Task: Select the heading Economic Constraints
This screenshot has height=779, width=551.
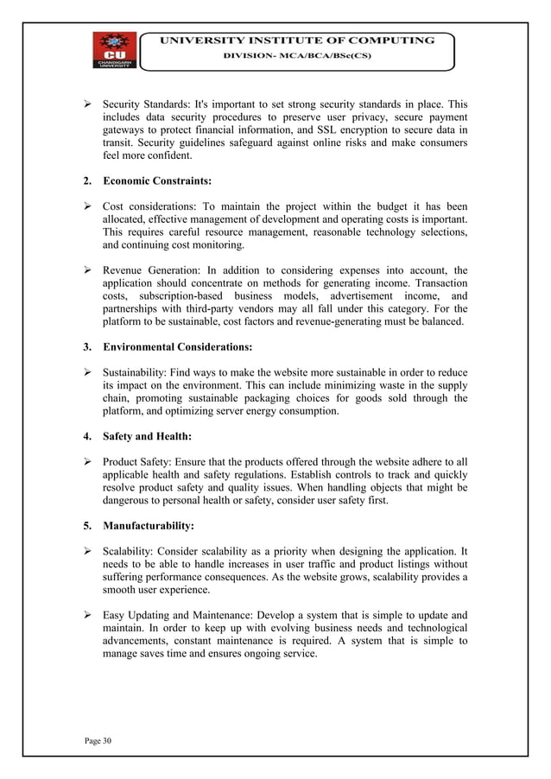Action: (157, 181)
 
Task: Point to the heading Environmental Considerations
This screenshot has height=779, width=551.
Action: (177, 347)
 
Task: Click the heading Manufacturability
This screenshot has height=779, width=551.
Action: (148, 524)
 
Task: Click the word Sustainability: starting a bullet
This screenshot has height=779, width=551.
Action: (135, 373)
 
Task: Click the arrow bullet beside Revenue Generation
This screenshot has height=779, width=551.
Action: (86, 270)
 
